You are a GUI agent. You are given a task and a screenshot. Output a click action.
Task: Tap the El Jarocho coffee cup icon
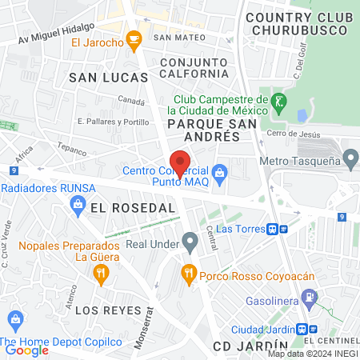pyautogui.click(x=134, y=38)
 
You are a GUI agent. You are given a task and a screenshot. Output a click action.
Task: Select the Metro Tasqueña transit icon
pyautogui.click(x=350, y=158)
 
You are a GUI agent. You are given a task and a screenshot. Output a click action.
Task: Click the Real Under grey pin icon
pyautogui.click(x=189, y=240)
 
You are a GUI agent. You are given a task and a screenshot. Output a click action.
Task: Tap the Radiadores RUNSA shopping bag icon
pyautogui.click(x=78, y=206)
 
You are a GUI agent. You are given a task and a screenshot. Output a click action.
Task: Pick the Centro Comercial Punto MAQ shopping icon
pyautogui.click(x=220, y=171)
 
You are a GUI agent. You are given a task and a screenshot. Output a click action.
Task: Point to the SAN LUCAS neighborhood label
pyautogui.click(x=109, y=78)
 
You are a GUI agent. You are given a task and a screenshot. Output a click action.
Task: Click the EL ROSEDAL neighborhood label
pyautogui.click(x=132, y=207)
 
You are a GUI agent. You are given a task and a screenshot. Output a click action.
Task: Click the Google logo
pyautogui.click(x=26, y=350)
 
